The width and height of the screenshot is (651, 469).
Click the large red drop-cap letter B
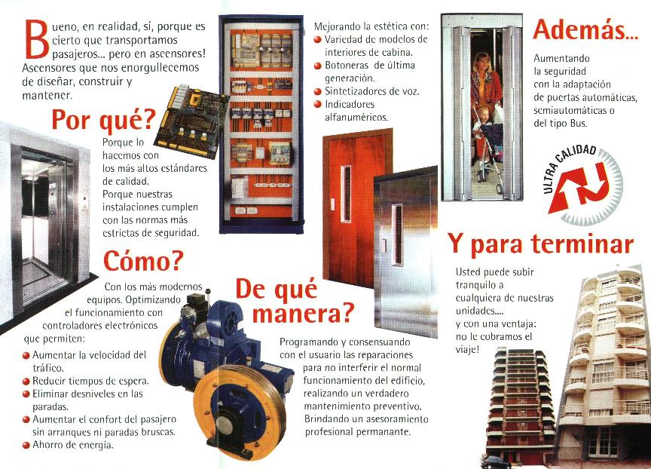(x=38, y=39)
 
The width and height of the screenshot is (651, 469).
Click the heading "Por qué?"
(x=103, y=120)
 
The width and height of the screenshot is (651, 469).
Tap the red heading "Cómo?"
(x=143, y=260)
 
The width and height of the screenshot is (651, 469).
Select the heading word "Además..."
(x=585, y=29)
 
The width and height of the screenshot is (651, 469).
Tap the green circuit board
(x=192, y=121)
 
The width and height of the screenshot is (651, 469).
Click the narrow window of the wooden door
(x=345, y=193)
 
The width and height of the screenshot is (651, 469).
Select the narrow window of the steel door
(x=398, y=235)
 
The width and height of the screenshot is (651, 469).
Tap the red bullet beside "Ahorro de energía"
(x=26, y=446)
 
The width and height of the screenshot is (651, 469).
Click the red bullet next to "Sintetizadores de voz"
(x=318, y=91)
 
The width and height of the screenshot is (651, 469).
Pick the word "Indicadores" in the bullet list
(x=350, y=104)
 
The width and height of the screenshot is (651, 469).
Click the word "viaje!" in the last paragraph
(x=467, y=350)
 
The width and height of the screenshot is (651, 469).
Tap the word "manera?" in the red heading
(x=304, y=314)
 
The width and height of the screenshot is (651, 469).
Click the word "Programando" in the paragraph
(x=309, y=343)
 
